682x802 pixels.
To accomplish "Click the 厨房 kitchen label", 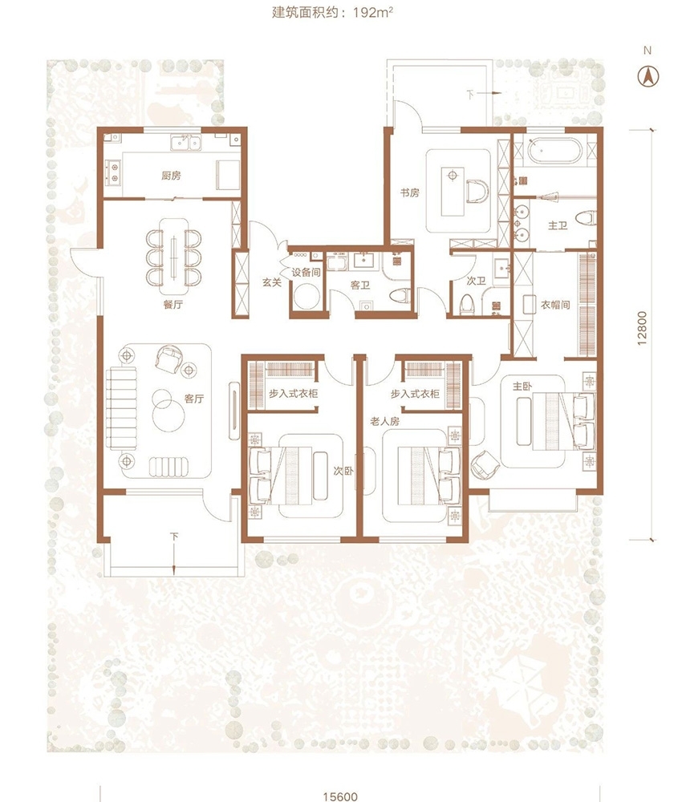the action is tap(171, 176).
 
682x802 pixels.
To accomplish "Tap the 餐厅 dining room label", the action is tap(173, 305).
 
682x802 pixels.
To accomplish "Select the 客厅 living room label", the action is tap(194, 399).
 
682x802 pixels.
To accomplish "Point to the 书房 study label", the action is tap(410, 192).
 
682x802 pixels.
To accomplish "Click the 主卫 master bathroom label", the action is tap(558, 225).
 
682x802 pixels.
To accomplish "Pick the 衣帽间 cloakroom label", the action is tap(555, 306).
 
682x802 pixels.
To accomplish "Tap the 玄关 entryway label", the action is tap(272, 282).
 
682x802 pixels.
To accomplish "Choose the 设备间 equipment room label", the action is tap(306, 273).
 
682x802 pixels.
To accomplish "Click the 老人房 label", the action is tap(385, 422).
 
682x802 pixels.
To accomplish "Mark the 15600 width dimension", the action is tap(340, 796).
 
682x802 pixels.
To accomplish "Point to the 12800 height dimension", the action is tap(642, 328).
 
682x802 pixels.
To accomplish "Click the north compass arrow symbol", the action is tap(648, 77).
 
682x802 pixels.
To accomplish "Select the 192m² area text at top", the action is tap(373, 12).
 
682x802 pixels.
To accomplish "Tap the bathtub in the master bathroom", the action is tap(554, 151).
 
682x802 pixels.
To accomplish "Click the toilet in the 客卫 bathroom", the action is tap(400, 295).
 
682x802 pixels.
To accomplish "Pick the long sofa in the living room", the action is tap(122, 408).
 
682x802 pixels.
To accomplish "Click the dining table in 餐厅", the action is tap(173, 251).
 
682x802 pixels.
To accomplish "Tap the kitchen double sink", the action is tap(186, 143).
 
